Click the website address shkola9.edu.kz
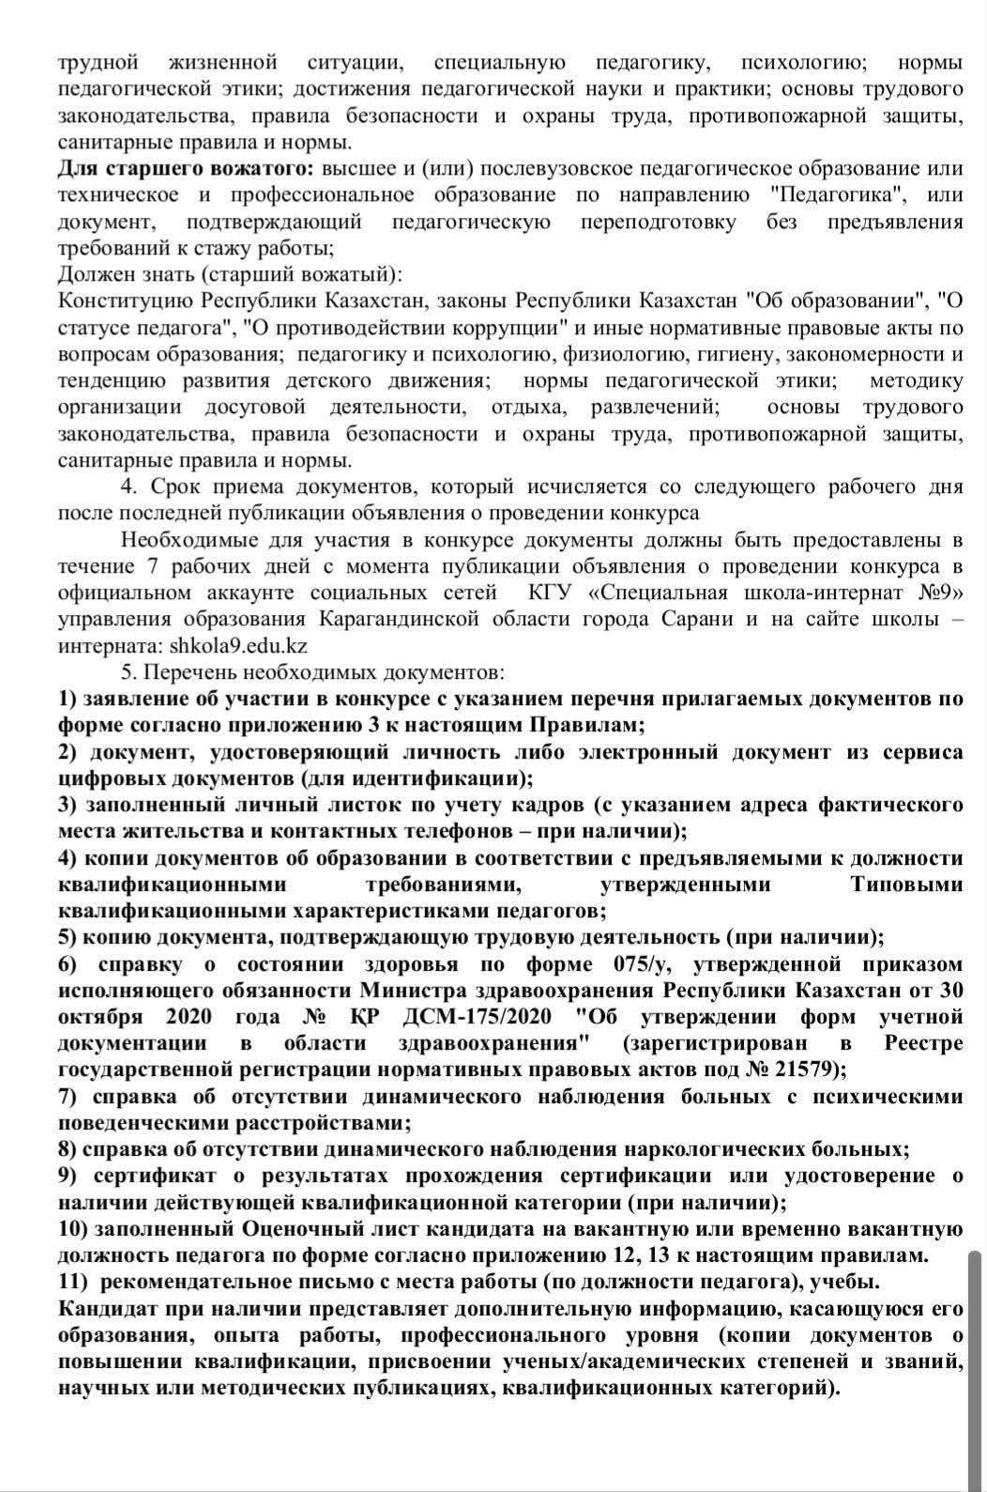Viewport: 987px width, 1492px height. coord(238,646)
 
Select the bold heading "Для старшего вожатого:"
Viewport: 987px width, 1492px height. coord(186,169)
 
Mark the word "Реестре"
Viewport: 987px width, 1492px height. coord(923,1043)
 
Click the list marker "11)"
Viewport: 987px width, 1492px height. coord(74,1282)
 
